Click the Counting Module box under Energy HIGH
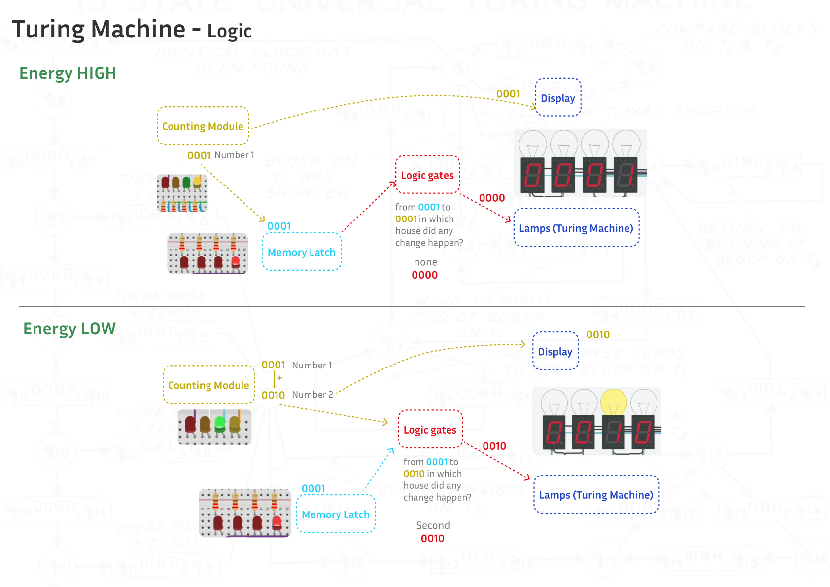coord(203,126)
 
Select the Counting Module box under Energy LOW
coord(208,385)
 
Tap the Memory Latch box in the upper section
coord(301,252)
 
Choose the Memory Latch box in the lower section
coord(335,514)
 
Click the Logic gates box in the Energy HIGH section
coord(427,175)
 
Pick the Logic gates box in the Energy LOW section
coord(430,430)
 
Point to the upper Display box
coord(558,98)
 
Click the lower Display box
coord(555,351)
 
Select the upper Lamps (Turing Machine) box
coord(576,228)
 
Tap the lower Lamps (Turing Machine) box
coord(596,494)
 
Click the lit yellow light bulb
coord(614,402)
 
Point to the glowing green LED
coord(220,423)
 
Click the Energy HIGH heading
coord(68,73)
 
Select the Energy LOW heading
coord(69,329)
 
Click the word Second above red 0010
coord(433,525)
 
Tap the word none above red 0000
coord(425,262)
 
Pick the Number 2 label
coord(312,395)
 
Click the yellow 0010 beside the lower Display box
coord(598,335)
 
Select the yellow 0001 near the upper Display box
coord(508,94)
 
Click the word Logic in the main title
coord(229,31)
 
